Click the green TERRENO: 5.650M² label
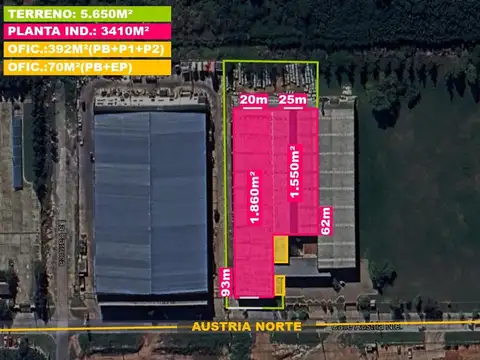pos(85,14)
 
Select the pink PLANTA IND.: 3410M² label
pos(85,31)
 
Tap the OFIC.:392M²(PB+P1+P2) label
pos(85,49)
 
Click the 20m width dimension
pos(254,99)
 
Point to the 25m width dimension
pos(292,99)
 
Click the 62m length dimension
pos(326,220)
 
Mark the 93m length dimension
pos(226,281)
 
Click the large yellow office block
pos(281,249)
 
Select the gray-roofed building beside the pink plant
pos(338,185)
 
